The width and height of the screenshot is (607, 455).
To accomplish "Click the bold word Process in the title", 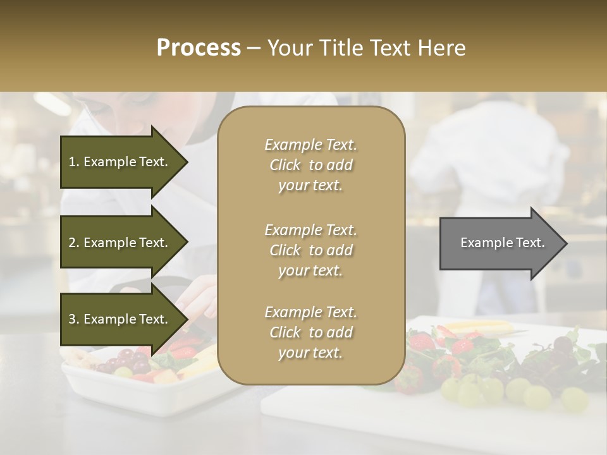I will [199, 48].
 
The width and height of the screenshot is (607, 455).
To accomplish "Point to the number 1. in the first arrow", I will [74, 162].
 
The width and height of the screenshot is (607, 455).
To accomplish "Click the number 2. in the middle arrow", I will [74, 243].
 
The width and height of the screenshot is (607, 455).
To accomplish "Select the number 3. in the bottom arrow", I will [74, 319].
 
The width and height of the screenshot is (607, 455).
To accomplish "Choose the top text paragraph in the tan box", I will [310, 165].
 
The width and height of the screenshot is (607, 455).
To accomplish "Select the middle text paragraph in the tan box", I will [310, 250].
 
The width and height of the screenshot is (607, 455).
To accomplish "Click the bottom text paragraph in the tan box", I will [310, 332].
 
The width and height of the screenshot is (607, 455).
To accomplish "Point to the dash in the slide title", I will [254, 48].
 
